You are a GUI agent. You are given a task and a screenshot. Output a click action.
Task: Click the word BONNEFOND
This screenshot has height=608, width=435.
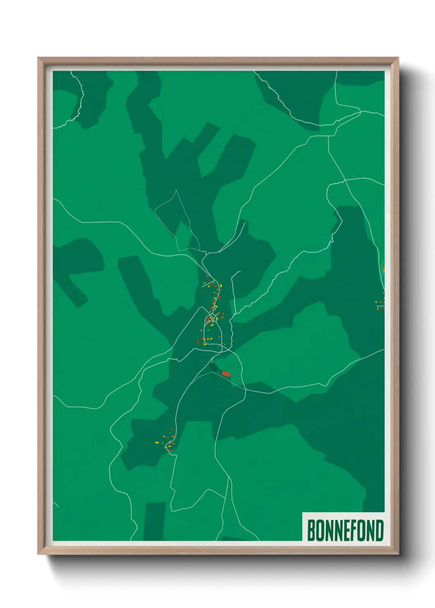coord(345,530)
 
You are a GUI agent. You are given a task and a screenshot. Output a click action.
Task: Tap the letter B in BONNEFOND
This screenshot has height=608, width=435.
coord(311,530)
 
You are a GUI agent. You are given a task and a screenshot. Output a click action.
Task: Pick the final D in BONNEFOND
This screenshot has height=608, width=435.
coord(379,530)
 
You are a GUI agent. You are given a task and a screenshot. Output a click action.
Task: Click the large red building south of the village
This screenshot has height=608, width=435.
coord(226,374)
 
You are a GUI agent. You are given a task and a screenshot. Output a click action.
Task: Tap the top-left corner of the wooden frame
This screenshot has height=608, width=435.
coord(38,58)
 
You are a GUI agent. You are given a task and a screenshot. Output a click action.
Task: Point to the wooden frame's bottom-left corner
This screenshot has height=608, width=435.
coord(38,554)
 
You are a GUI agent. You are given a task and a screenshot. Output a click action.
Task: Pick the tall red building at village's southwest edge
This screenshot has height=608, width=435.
coord(198,342)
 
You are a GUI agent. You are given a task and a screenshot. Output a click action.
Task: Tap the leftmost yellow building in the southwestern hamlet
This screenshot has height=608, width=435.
coord(156,442)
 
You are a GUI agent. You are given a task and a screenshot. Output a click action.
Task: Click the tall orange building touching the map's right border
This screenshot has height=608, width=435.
coord(383,269)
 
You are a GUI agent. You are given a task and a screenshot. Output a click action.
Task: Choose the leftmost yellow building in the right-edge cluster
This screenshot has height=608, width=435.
coord(376,302)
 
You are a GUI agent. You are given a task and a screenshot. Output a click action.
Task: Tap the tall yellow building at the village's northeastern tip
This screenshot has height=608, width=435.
coord(221,286)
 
